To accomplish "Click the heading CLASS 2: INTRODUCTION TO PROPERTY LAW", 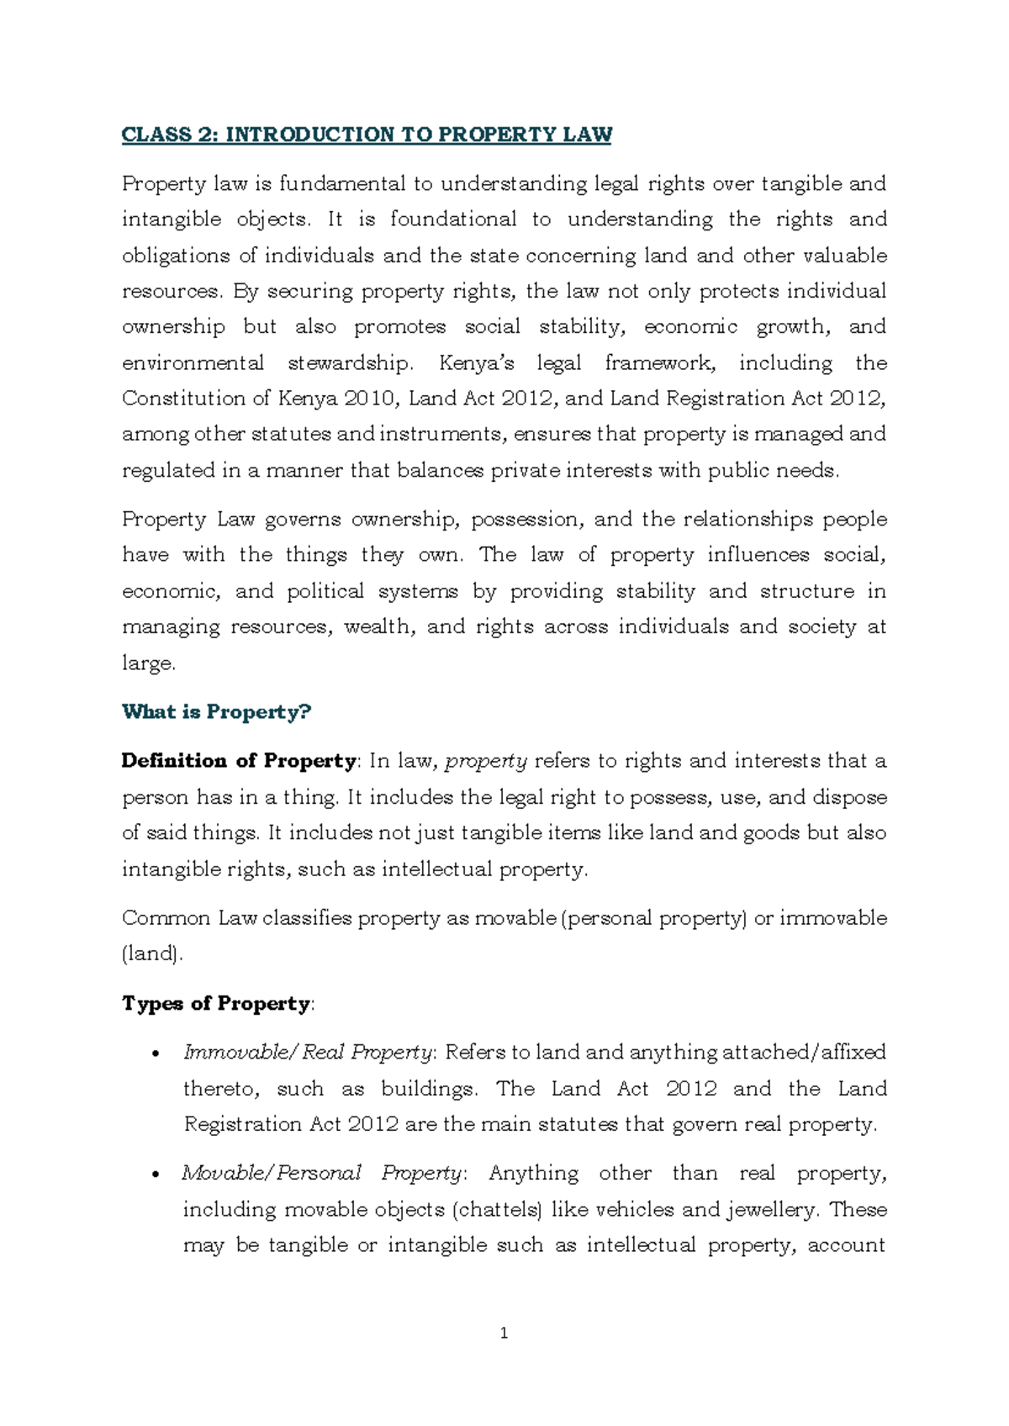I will pos(367,135).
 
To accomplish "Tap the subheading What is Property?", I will pos(216,712).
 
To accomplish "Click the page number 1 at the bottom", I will pos(504,1333).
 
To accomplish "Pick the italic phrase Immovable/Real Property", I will pos(308,1053).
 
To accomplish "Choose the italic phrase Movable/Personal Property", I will pos(321,1173).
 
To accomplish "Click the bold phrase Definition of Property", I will pos(239,761).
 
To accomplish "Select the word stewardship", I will pos(350,363).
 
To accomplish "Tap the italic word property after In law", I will pos(486,762).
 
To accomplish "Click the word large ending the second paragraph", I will pos(147,663).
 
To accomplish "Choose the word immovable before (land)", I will pos(832,918).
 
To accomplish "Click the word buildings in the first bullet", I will pos(429,1089).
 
